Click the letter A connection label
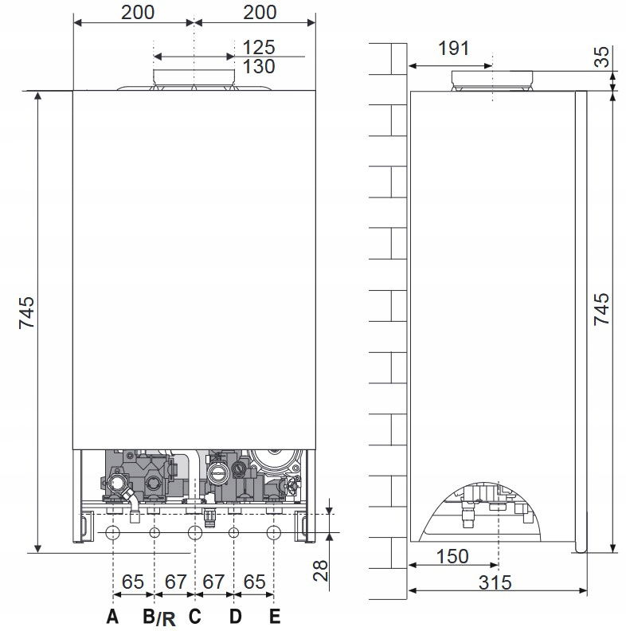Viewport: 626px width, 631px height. tap(112, 616)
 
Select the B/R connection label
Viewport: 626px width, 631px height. tap(159, 617)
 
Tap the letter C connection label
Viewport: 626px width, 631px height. tap(194, 616)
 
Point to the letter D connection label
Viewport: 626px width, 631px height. tap(236, 616)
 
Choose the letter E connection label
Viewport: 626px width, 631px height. tap(275, 616)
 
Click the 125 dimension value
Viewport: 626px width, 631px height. tap(259, 48)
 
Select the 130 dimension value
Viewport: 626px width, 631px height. tap(259, 67)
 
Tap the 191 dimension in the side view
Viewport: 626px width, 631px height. tap(453, 49)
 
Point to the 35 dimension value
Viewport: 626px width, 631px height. tap(602, 57)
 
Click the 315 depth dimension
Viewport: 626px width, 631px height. tap(495, 582)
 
